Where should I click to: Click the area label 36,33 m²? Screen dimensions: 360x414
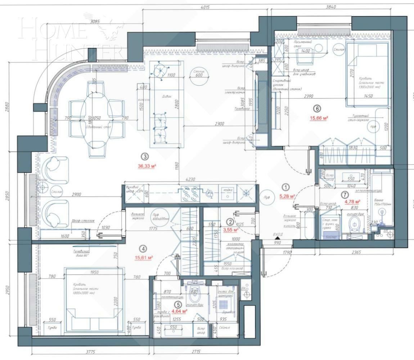(147, 166)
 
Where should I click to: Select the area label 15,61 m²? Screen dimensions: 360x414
(144, 257)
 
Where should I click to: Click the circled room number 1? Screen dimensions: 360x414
(285, 187)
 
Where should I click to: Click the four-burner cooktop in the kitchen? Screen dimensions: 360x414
(190, 193)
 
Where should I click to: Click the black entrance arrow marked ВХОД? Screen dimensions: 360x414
(277, 238)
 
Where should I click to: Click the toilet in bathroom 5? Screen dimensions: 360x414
(195, 296)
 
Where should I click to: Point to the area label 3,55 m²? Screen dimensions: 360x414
(231, 229)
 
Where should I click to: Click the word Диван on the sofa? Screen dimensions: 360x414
(165, 96)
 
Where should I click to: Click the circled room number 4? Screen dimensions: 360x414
(144, 248)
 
